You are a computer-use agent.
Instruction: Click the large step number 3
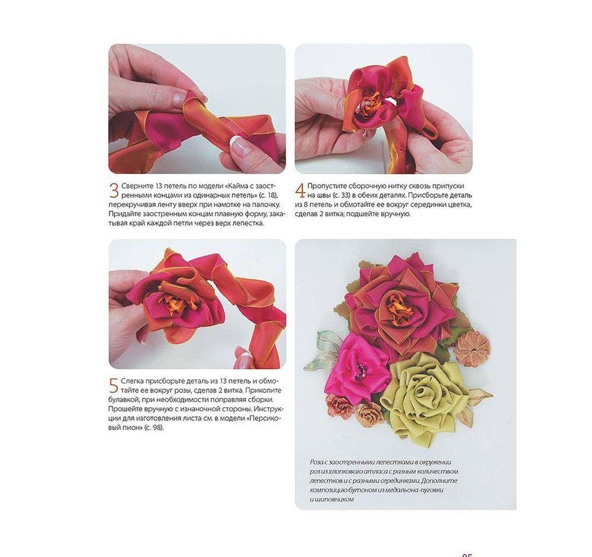(114, 191)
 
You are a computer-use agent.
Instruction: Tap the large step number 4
(301, 191)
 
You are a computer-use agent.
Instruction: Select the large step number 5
(114, 385)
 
